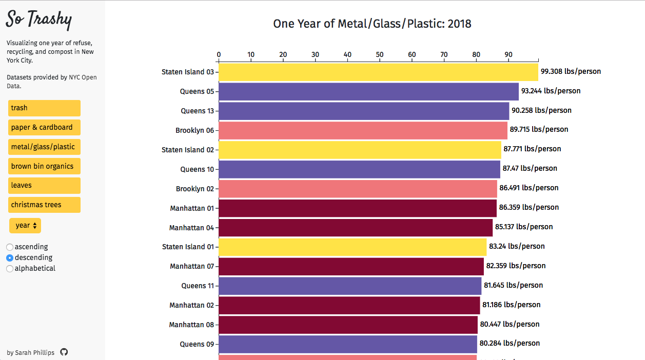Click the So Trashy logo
click(39, 20)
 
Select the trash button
click(44, 108)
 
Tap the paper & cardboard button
click(44, 127)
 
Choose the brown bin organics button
click(44, 166)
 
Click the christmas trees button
click(44, 205)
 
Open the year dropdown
click(25, 226)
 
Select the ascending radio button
click(10, 247)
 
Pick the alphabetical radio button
click(10, 269)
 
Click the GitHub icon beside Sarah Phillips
click(64, 352)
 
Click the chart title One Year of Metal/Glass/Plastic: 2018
click(372, 24)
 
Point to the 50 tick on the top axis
click(380, 55)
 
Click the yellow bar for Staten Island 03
click(378, 72)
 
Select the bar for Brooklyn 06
click(363, 130)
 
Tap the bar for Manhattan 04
click(356, 228)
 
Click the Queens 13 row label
click(197, 111)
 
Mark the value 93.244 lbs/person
click(551, 91)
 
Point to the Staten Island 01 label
click(188, 247)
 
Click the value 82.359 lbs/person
click(516, 266)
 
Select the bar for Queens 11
click(350, 286)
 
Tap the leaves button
click(44, 185)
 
